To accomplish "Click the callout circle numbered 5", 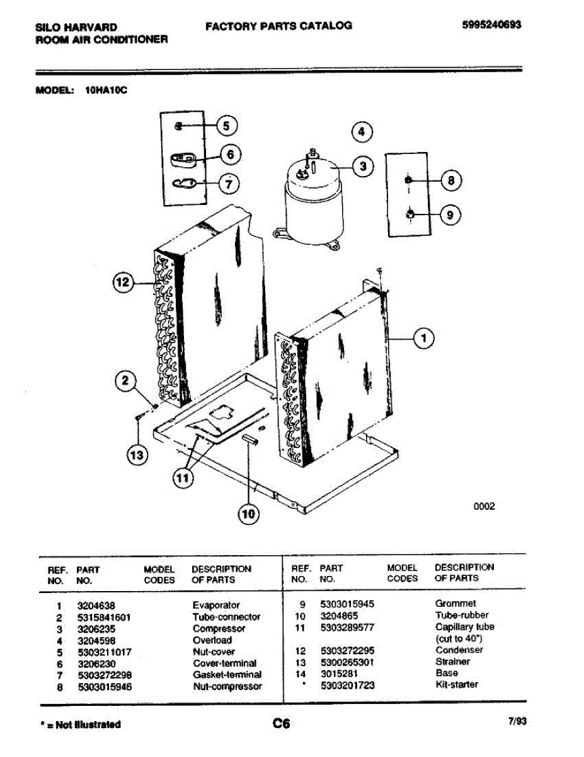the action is click(x=227, y=126).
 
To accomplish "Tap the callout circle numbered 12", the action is click(x=123, y=282).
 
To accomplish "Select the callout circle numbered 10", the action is click(x=248, y=514).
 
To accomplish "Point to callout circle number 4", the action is click(x=362, y=132).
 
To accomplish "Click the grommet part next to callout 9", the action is click(x=410, y=214).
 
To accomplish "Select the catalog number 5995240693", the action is click(x=491, y=25).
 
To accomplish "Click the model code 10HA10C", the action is click(x=106, y=90).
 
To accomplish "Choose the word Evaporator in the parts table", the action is click(x=216, y=605).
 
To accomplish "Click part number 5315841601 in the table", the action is click(x=104, y=618).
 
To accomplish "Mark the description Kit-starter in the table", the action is click(x=457, y=684).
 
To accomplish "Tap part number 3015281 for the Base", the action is click(x=339, y=673).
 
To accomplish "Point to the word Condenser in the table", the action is click(x=459, y=650).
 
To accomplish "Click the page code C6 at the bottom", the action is click(x=281, y=724).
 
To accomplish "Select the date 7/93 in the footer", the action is click(x=517, y=721).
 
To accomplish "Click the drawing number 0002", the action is click(x=484, y=506).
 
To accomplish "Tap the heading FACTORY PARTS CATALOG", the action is click(x=278, y=26).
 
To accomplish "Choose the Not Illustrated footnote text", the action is click(x=81, y=725).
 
